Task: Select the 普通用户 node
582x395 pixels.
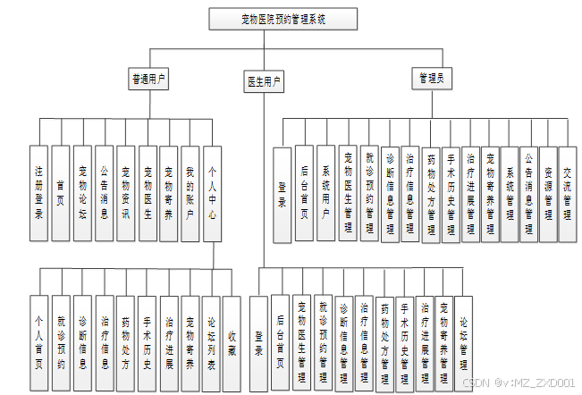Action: click(149, 80)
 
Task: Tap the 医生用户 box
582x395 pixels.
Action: click(264, 82)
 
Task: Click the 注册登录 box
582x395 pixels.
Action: click(38, 192)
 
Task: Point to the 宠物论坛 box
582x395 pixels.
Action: click(83, 192)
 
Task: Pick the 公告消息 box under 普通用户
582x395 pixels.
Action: click(105, 192)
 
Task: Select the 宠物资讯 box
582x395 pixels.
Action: click(126, 192)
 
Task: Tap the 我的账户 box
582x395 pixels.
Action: click(190, 192)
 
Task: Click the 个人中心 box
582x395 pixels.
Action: click(213, 192)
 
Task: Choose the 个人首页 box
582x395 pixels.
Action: click(38, 342)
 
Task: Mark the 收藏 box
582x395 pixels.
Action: click(232, 342)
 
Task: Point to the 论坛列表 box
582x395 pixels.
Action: click(212, 342)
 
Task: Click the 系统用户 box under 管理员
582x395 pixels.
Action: click(325, 193)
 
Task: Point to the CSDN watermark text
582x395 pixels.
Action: click(518, 382)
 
